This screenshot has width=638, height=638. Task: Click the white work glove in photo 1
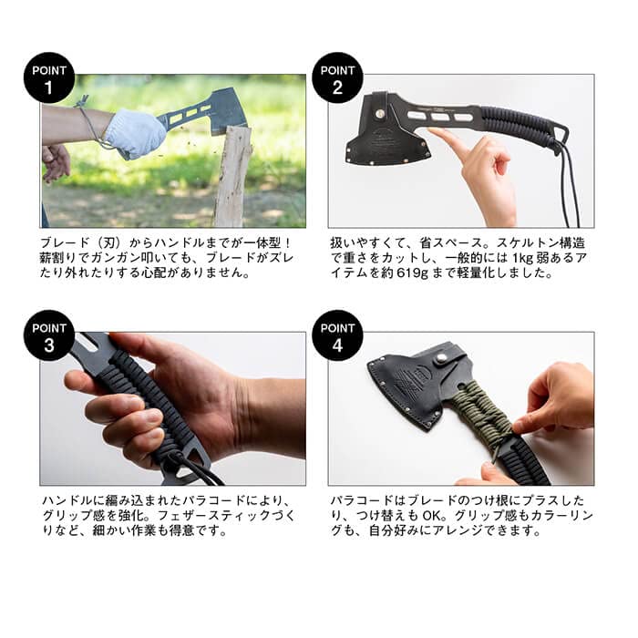(x=136, y=133)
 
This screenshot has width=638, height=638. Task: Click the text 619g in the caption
(x=410, y=273)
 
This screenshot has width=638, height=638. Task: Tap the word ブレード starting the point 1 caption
(x=65, y=243)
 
